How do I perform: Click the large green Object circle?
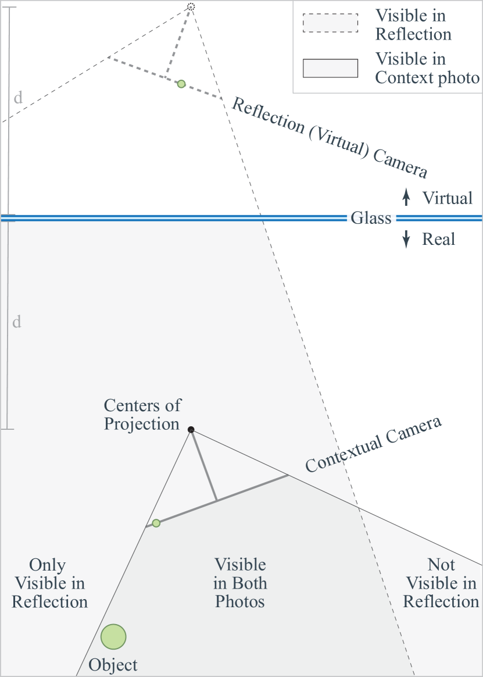[x=113, y=636]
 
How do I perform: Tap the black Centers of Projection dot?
[x=191, y=429]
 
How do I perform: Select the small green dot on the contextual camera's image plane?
[x=156, y=523]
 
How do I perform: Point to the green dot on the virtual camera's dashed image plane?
[x=181, y=84]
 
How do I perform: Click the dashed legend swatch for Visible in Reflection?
[x=330, y=23]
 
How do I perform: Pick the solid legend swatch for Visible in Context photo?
[x=330, y=68]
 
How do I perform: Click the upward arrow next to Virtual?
[x=406, y=198]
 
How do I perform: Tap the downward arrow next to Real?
[x=406, y=239]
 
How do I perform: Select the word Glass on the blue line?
[x=371, y=218]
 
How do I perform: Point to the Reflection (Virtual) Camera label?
[x=330, y=137]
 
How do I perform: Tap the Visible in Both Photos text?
[x=240, y=583]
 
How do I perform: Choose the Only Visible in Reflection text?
[x=49, y=583]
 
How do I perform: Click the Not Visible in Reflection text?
[x=441, y=583]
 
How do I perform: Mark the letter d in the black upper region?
[x=19, y=97]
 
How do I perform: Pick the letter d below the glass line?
[x=17, y=321]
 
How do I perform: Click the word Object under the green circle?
[x=113, y=665]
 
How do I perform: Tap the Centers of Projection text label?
[x=142, y=414]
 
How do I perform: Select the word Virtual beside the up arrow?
[x=448, y=198]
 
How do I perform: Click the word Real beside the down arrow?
[x=439, y=239]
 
